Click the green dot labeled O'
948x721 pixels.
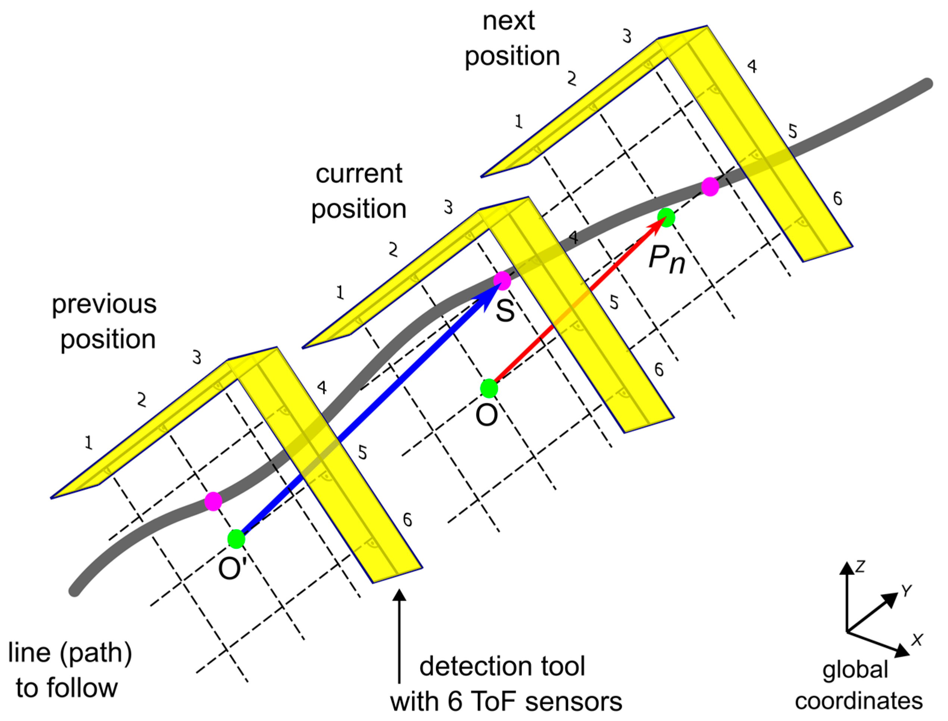click(236, 539)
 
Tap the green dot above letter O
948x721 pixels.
click(489, 388)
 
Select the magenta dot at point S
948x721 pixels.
click(502, 281)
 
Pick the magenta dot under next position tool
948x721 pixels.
click(710, 187)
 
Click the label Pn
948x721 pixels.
click(666, 259)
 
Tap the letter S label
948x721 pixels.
click(505, 311)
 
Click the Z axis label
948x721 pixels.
click(860, 568)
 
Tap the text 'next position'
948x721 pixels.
click(512, 38)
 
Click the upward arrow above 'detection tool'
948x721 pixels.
click(399, 635)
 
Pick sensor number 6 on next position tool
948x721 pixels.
click(837, 198)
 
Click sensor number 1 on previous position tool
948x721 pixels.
click(88, 442)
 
